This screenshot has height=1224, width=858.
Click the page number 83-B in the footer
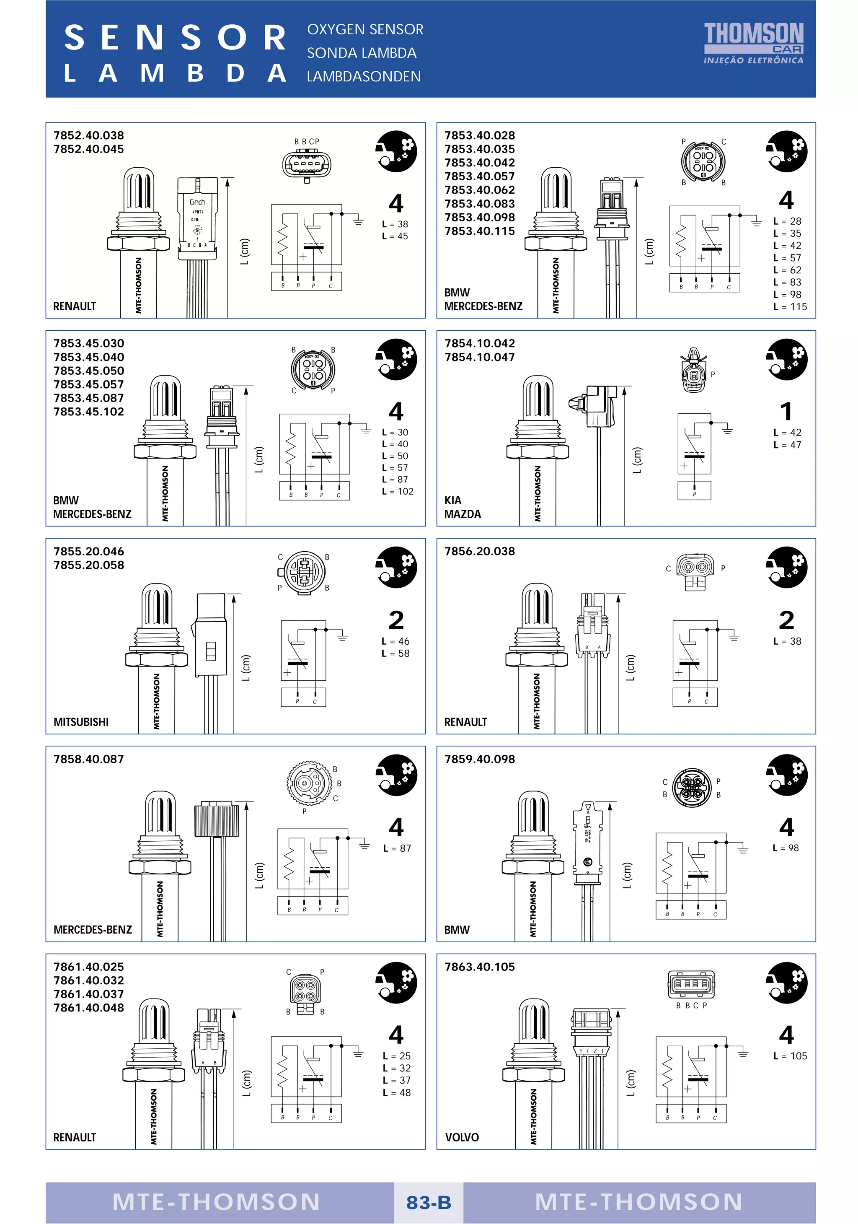429,1203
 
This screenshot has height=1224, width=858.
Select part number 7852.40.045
88,149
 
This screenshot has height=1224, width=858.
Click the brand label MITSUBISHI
81,722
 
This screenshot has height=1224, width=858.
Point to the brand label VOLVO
462,1137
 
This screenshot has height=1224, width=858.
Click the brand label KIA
452,500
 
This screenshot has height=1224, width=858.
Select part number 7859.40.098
480,759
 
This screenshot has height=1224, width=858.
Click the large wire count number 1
786,412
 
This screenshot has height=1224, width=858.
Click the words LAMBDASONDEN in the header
364,77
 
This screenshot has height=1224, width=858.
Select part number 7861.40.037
88,994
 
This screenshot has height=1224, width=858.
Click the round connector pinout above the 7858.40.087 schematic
306,783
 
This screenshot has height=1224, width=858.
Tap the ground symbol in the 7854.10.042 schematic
727,430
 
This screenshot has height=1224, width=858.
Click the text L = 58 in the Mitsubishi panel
395,653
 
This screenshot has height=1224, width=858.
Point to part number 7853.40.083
480,204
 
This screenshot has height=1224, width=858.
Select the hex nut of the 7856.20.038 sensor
537,659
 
